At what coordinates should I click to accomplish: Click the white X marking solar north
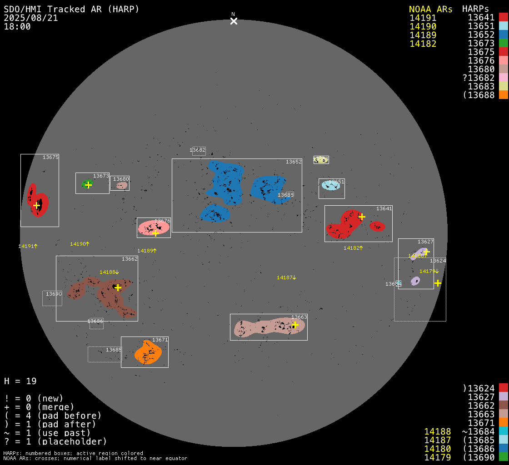[x=234, y=21]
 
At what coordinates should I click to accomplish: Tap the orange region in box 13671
[x=148, y=353]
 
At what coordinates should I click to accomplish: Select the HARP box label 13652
[x=294, y=162]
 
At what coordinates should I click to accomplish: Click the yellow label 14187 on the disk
[x=286, y=277]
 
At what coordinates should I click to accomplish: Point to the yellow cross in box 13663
[x=294, y=325]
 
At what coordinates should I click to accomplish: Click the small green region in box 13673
[x=86, y=184]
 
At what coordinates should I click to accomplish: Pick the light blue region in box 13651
[x=330, y=185]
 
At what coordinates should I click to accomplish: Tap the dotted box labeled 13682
[x=199, y=151]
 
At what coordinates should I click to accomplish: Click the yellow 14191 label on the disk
[x=27, y=246]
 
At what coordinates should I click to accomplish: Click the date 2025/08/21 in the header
[x=31, y=18]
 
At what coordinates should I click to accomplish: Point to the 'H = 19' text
[x=20, y=381]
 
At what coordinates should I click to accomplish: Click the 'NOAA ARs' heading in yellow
[x=430, y=9]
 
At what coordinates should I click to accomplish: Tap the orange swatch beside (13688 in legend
[x=503, y=95]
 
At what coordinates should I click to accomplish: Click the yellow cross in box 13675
[x=36, y=205]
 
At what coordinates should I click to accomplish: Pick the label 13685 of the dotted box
[x=114, y=350]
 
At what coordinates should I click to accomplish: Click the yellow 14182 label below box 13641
[x=353, y=248]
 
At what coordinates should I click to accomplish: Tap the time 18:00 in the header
[x=17, y=26]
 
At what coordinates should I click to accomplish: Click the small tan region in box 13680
[x=122, y=185]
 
